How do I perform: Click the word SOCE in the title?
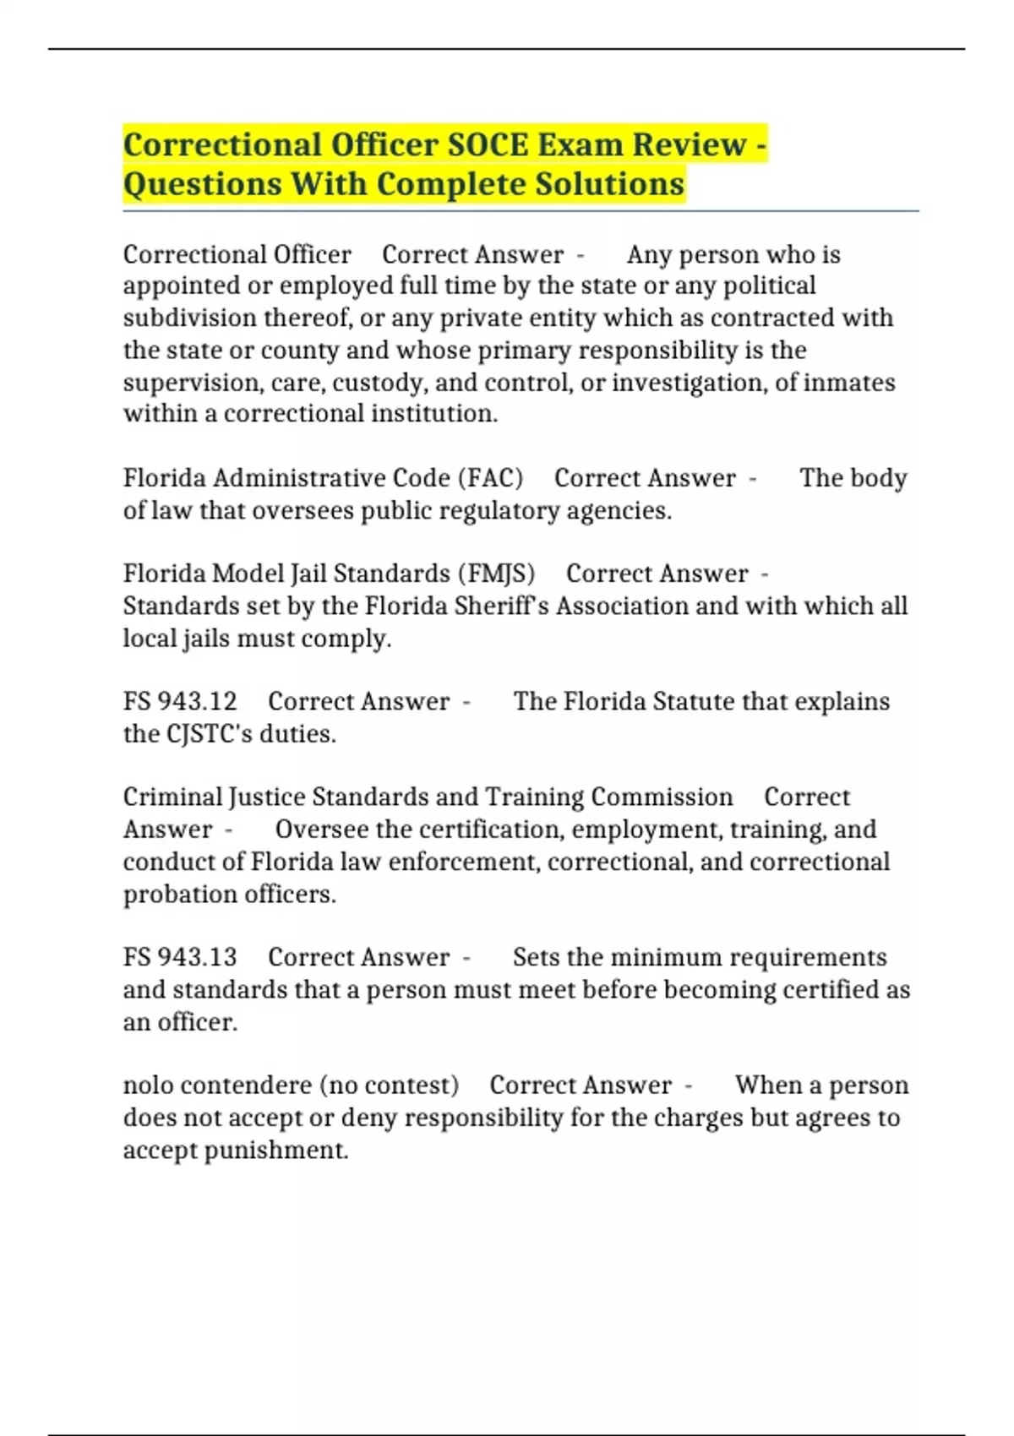pos(488,144)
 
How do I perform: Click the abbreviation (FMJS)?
pos(496,574)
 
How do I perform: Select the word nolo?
pos(148,1085)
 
